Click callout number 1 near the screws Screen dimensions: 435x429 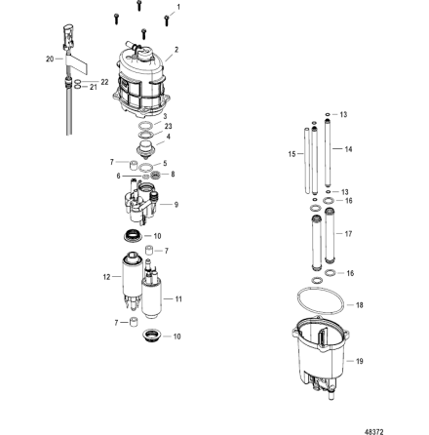[x=176, y=6]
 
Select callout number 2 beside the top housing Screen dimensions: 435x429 [x=176, y=48]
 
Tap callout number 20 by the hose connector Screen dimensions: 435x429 [x=49, y=59]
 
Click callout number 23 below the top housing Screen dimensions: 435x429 [x=169, y=125]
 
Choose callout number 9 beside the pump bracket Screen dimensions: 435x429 [x=176, y=205]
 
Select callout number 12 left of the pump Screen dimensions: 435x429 [x=105, y=276]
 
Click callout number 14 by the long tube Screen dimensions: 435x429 [x=350, y=149]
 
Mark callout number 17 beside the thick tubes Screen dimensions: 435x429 [x=350, y=233]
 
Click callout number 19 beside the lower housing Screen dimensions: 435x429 [x=360, y=360]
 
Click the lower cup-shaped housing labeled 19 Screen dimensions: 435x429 [x=322, y=366]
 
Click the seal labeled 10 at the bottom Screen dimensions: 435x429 [x=151, y=336]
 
